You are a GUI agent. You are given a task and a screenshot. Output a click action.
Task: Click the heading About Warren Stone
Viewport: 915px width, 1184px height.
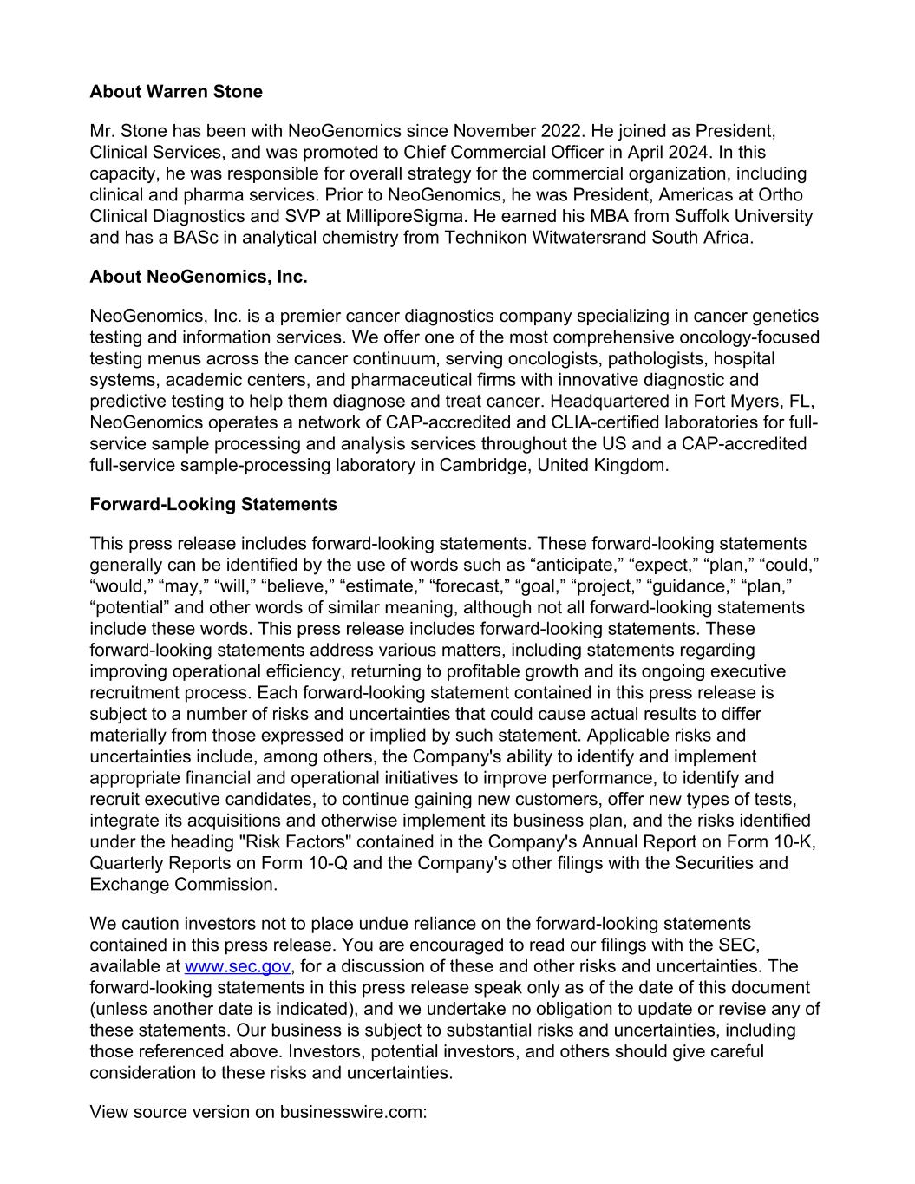coord(176,91)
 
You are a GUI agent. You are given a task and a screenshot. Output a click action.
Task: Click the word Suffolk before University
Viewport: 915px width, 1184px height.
coord(702,216)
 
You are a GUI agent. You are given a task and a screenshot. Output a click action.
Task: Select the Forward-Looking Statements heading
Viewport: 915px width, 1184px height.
coord(213,504)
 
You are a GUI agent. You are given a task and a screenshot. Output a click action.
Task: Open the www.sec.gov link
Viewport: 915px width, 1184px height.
coord(237,966)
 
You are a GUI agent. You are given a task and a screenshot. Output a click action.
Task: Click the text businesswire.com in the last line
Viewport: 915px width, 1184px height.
coord(353,1112)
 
